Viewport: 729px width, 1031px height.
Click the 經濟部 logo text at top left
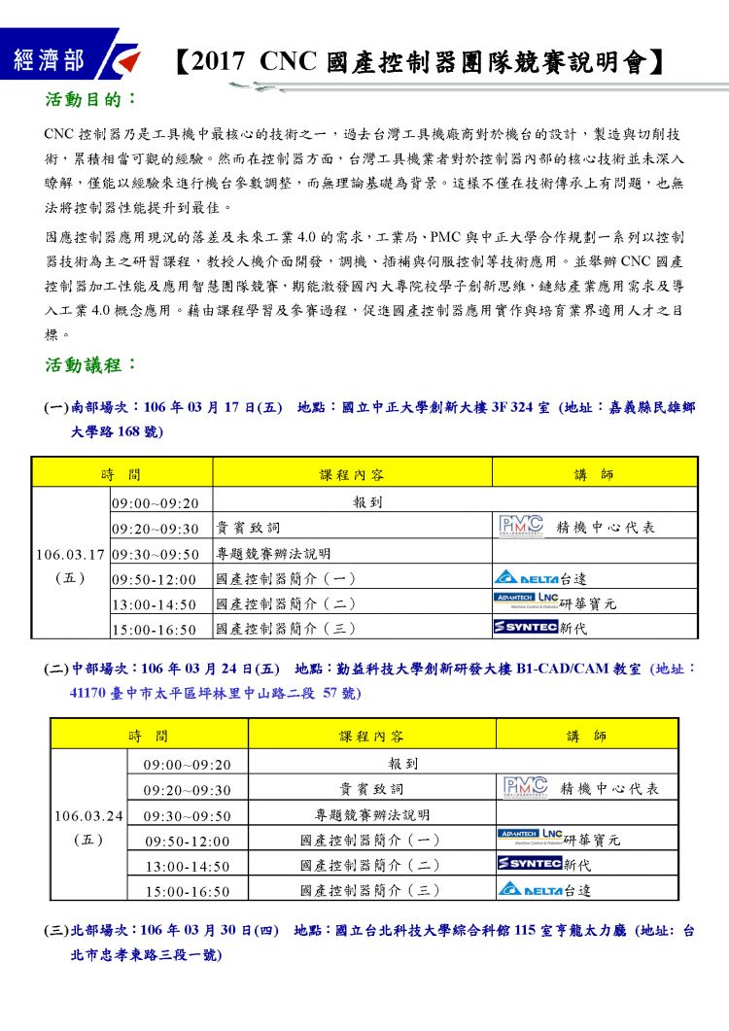point(49,61)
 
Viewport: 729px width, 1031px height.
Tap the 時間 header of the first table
point(121,474)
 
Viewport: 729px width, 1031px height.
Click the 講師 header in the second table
point(587,737)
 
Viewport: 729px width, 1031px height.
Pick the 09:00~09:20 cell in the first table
point(155,503)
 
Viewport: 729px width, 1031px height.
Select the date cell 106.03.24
point(88,814)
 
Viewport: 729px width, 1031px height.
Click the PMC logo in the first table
point(521,527)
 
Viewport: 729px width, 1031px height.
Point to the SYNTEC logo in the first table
point(525,628)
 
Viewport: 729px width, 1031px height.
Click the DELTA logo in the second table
point(531,889)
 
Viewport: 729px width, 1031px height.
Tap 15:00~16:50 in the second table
point(188,891)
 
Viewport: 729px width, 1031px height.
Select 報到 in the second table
point(402,764)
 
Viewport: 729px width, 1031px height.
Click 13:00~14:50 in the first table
point(155,604)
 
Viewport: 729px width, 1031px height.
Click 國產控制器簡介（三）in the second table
point(370,890)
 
